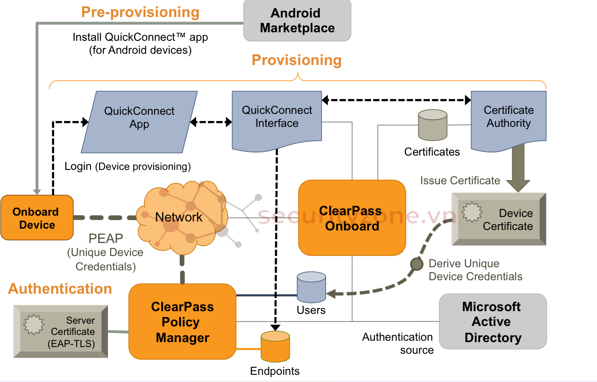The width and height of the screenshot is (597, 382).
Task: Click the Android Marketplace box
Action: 297,21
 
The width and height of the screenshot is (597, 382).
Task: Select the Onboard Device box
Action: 37,218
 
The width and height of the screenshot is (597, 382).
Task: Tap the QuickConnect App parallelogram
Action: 139,122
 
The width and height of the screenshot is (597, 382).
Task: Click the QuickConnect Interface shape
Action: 277,119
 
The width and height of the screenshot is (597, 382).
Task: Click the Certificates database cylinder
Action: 432,125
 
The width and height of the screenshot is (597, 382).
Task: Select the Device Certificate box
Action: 499,219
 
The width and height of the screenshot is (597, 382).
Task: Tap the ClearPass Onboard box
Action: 352,218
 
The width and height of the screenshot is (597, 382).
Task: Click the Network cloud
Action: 179,217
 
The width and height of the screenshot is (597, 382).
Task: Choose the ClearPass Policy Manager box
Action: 182,321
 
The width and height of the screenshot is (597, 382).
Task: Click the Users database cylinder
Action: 311,287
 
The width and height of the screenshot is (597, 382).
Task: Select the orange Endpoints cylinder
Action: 275,347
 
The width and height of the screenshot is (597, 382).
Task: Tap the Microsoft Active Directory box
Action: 493,321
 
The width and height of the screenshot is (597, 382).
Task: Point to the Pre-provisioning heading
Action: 140,12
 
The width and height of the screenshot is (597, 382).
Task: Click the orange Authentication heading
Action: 60,289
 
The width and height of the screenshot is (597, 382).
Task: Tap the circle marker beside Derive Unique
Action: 417,264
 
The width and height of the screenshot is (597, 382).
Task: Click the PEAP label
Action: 105,238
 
